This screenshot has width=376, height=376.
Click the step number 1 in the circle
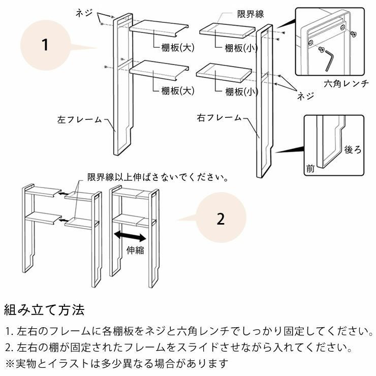click(x=45, y=45)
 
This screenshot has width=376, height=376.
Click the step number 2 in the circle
click(x=221, y=219)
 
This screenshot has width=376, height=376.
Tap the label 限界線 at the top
click(x=250, y=14)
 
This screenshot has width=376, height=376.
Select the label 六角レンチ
click(x=346, y=84)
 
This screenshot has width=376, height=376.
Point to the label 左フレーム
click(x=79, y=120)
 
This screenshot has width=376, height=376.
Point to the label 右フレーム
click(x=219, y=118)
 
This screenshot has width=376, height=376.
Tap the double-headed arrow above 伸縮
click(x=131, y=236)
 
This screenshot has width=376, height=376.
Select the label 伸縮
click(x=134, y=249)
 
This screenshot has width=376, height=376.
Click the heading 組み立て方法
click(x=44, y=309)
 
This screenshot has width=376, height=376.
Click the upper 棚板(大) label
click(x=178, y=47)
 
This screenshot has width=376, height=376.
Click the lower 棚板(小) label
click(x=242, y=91)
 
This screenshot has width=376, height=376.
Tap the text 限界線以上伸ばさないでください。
click(x=158, y=177)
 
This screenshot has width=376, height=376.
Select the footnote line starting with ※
click(x=116, y=364)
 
